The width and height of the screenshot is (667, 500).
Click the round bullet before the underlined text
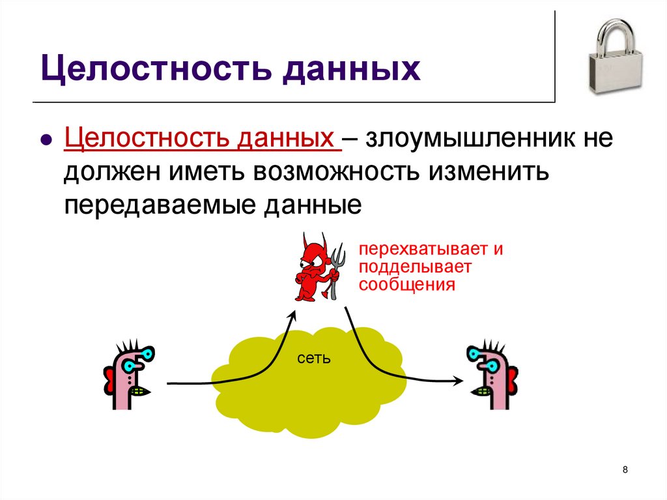(46, 141)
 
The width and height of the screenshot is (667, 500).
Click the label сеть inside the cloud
(313, 358)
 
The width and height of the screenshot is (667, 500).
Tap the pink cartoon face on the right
(491, 375)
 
